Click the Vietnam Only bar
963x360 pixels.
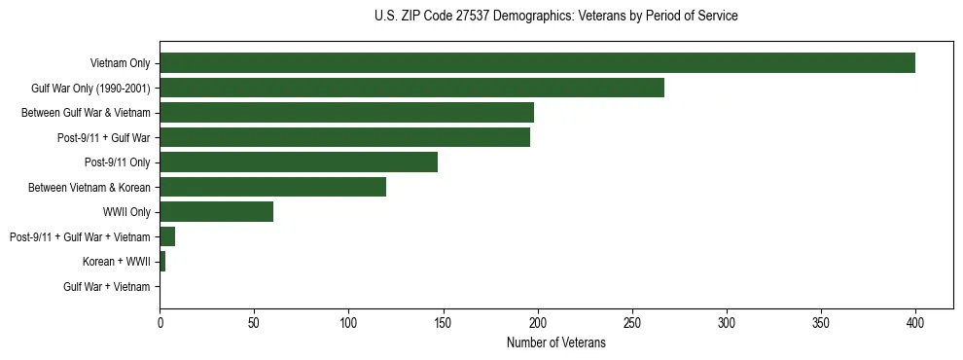[x=537, y=63]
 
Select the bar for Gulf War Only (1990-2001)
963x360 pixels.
[x=411, y=88]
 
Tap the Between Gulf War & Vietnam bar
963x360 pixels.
[x=346, y=113]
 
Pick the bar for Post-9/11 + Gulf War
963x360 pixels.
[x=344, y=137]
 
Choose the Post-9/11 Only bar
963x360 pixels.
[x=299, y=162]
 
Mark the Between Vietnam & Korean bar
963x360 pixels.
[x=272, y=187]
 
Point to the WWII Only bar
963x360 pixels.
[x=216, y=212]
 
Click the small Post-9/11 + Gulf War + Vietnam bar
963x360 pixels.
[x=167, y=236]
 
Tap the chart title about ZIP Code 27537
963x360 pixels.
[x=555, y=17]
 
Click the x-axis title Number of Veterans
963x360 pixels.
[x=555, y=343]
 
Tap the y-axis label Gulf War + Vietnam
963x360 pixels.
[x=106, y=287]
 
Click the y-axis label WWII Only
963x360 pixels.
[x=125, y=212]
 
